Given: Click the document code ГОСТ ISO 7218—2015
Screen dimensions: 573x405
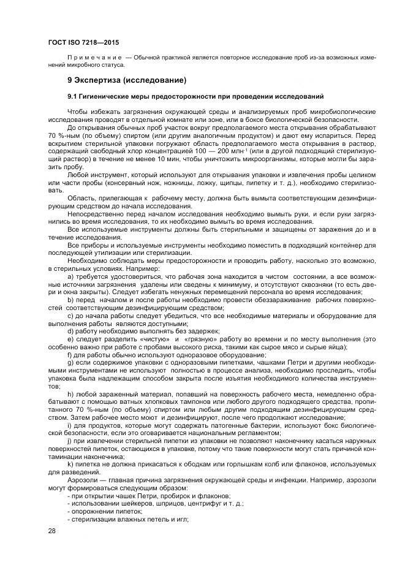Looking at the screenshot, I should click(83, 42).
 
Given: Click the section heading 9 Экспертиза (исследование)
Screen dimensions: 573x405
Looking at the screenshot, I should click(127, 80).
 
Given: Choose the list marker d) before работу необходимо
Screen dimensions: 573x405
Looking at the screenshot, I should click(70, 330).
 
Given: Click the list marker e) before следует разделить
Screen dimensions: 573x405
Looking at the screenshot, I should click(70, 338).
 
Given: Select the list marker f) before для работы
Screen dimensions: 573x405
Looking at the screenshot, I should click(70, 354).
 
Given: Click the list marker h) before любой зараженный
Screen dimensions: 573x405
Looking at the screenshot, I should click(70, 394).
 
